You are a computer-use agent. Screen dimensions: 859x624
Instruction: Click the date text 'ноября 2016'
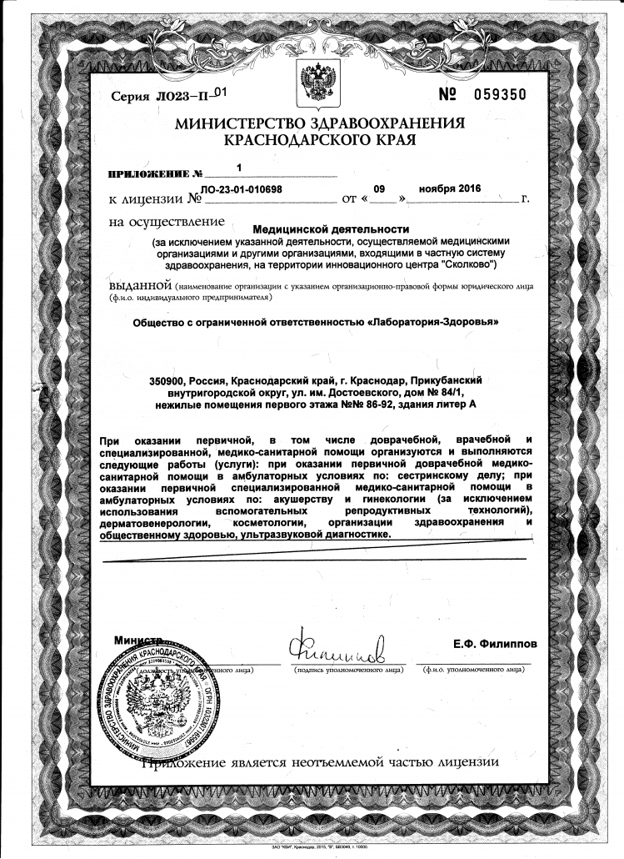pos(450,188)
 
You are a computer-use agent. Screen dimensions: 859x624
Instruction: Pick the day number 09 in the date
pos(380,188)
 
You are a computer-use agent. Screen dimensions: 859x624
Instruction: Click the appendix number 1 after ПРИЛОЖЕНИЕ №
pos(239,168)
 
